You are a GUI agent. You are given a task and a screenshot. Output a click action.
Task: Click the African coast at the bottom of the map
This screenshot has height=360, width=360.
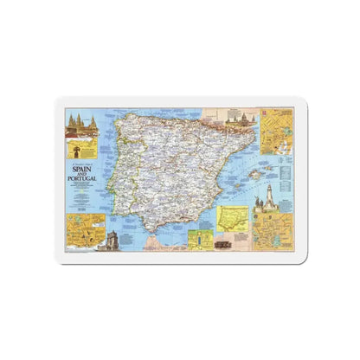click(164, 245)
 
